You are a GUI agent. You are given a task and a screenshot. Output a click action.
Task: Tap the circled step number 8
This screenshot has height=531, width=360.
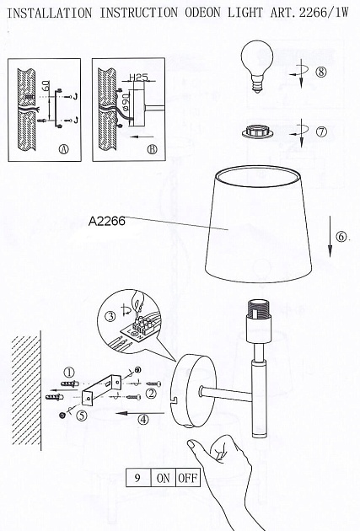320,72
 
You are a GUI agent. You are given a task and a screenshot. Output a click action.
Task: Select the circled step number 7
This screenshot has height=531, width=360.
321,132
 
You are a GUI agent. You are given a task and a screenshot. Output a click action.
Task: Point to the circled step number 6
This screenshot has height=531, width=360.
341,237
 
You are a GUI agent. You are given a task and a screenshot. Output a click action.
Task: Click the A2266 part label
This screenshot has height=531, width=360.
106,223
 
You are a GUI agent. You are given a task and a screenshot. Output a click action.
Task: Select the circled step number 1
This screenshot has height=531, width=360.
70,370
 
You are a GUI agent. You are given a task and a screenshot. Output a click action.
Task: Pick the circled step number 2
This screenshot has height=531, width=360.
152,391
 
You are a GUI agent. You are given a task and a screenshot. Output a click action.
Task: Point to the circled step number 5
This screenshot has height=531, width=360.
82,415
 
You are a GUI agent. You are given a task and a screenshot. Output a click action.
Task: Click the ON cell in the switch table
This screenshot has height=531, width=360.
163,478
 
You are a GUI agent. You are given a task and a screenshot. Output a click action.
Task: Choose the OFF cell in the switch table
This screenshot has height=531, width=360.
187,478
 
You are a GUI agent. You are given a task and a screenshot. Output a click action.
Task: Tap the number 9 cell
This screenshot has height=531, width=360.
137,478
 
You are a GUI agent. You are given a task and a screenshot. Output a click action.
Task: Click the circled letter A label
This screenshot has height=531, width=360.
63,150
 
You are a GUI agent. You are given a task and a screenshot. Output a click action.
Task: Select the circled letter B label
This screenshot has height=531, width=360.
152,150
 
